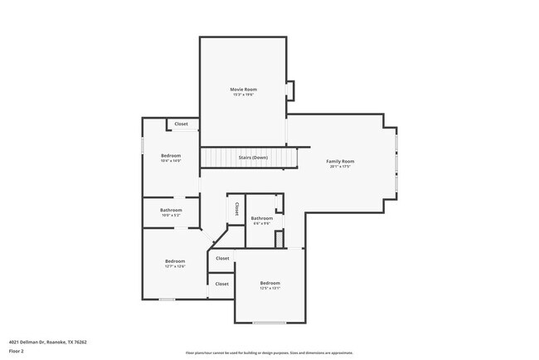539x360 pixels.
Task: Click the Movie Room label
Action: click(243, 89)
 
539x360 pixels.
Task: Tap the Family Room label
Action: click(340, 161)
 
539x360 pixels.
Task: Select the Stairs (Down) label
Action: click(253, 157)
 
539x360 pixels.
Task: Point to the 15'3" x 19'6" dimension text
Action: click(243, 95)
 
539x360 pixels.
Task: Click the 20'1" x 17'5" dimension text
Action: click(340, 167)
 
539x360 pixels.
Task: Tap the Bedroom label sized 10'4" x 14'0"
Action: click(171, 155)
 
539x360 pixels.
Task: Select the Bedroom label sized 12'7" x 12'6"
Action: click(174, 261)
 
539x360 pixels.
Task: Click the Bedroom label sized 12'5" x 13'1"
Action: click(270, 283)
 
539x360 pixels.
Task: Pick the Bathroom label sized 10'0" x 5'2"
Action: click(172, 210)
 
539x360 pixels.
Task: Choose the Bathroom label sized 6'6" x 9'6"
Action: click(262, 218)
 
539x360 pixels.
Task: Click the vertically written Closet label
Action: click(236, 208)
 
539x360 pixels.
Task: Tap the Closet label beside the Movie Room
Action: click(181, 124)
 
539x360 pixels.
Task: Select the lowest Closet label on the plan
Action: click(222, 284)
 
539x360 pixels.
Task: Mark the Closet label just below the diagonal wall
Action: click(222, 258)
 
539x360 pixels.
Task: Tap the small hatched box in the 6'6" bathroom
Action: click(280, 239)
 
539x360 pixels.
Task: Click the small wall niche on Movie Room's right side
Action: click(289, 90)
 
